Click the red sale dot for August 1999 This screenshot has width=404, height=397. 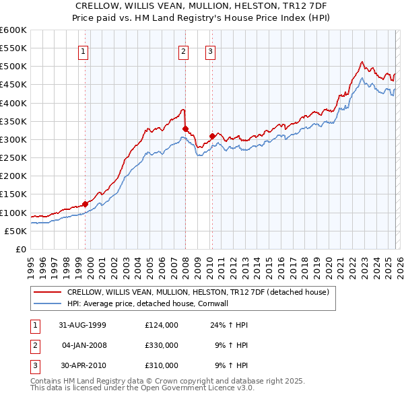(x=86, y=204)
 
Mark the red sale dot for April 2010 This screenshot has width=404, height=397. (x=212, y=136)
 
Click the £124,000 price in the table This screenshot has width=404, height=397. (x=161, y=324)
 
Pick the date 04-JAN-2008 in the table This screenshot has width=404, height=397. (x=84, y=345)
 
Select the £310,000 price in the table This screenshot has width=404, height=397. (x=161, y=366)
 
